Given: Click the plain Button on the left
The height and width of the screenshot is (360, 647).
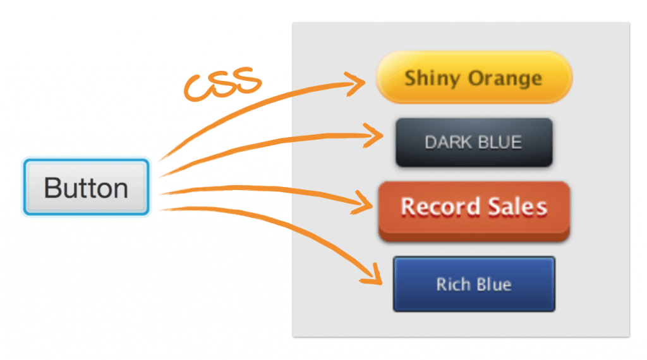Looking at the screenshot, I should [86, 188].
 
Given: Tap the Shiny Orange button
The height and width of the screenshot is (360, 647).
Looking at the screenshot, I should [474, 78].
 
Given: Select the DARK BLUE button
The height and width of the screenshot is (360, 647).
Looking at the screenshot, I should [474, 142].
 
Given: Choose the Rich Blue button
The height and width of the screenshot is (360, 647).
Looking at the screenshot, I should [474, 284].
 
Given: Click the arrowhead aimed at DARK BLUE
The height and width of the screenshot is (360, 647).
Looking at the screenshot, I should [377, 135].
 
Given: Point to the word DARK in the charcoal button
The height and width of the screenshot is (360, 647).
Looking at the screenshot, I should [447, 142].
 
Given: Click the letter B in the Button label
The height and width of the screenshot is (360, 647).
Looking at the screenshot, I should [52, 188].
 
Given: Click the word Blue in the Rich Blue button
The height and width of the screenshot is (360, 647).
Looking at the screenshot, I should [493, 284].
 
